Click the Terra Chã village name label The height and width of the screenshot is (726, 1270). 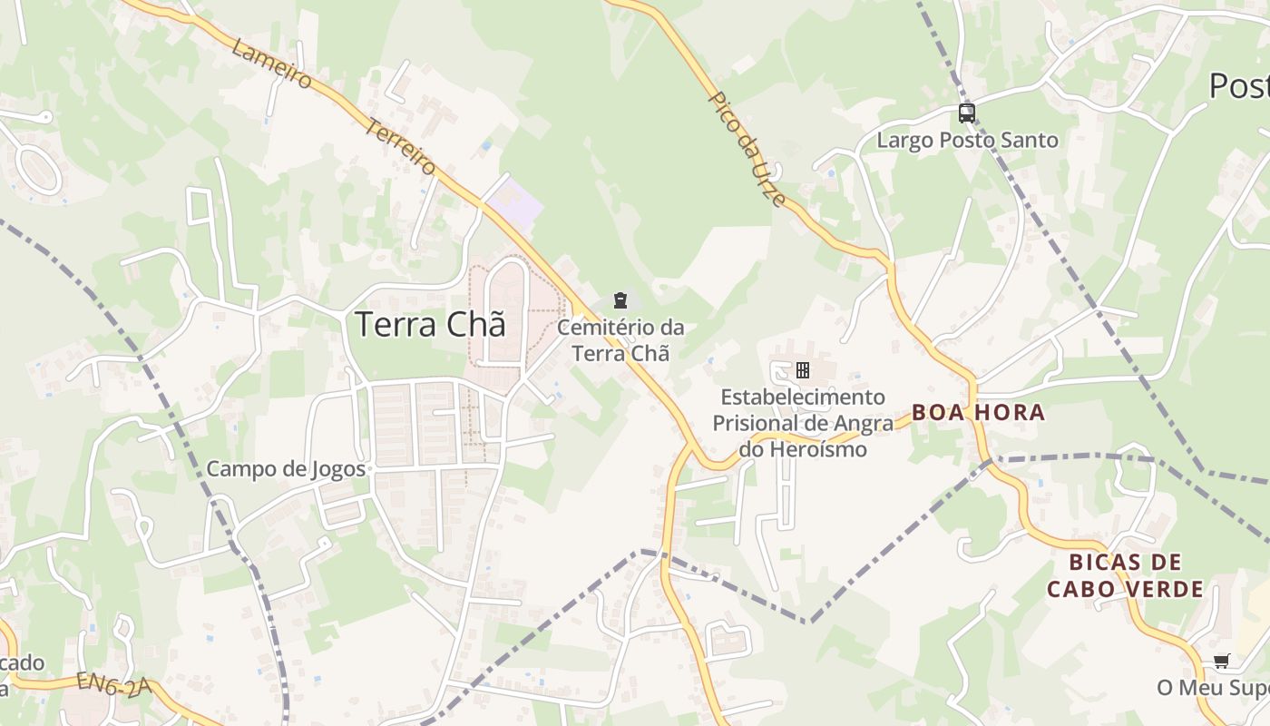point(429,324)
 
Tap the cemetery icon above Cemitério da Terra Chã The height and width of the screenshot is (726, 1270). point(620,299)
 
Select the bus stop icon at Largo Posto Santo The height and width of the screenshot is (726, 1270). point(967,113)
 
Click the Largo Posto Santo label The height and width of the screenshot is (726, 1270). point(967,141)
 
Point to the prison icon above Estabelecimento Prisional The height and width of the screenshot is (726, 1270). point(802,370)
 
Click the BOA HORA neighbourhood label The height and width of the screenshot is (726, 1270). point(978,413)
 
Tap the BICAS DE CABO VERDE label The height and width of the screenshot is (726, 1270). point(1125,575)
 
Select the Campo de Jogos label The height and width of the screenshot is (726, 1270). point(286,469)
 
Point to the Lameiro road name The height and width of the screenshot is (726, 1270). point(271,64)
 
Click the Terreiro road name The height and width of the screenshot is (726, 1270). point(401,146)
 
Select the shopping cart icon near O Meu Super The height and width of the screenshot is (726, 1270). point(1221,662)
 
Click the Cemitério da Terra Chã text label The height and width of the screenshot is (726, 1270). point(620,340)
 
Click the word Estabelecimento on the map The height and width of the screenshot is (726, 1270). point(789,397)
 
